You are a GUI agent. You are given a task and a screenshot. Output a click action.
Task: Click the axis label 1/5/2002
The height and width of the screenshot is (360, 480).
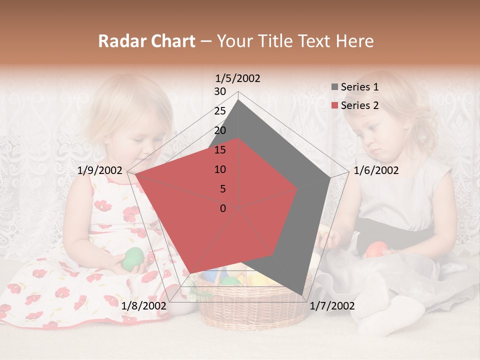[x=237, y=78]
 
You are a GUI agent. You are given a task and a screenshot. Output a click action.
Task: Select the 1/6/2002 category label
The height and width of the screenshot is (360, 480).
[x=376, y=170]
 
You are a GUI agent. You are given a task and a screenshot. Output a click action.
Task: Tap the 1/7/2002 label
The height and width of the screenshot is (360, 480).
[x=331, y=306]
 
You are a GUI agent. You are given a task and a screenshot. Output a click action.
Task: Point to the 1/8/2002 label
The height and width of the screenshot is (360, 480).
[x=143, y=306]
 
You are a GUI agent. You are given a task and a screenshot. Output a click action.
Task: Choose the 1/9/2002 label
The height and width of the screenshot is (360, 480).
[x=100, y=170]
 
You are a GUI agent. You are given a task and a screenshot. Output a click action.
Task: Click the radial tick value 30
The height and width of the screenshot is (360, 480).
[x=220, y=91]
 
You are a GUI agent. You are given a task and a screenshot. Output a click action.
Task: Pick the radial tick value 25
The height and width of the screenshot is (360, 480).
[x=220, y=111]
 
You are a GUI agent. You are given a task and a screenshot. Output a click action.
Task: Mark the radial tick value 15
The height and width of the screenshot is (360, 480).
[x=220, y=150]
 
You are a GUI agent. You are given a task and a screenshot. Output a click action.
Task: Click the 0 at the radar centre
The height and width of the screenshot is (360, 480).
[x=223, y=208]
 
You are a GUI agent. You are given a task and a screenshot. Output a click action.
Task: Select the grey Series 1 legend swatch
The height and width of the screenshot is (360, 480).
[x=334, y=87]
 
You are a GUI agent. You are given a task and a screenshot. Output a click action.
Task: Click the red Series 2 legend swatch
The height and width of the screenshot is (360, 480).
[x=334, y=105]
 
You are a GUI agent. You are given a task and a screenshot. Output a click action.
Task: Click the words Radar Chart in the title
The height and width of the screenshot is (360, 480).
[x=146, y=41]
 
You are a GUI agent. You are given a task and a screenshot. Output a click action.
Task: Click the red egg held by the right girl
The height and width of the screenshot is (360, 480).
[x=376, y=248]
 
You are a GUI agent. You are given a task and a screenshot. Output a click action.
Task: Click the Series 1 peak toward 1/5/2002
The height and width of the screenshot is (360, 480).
[x=238, y=100]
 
